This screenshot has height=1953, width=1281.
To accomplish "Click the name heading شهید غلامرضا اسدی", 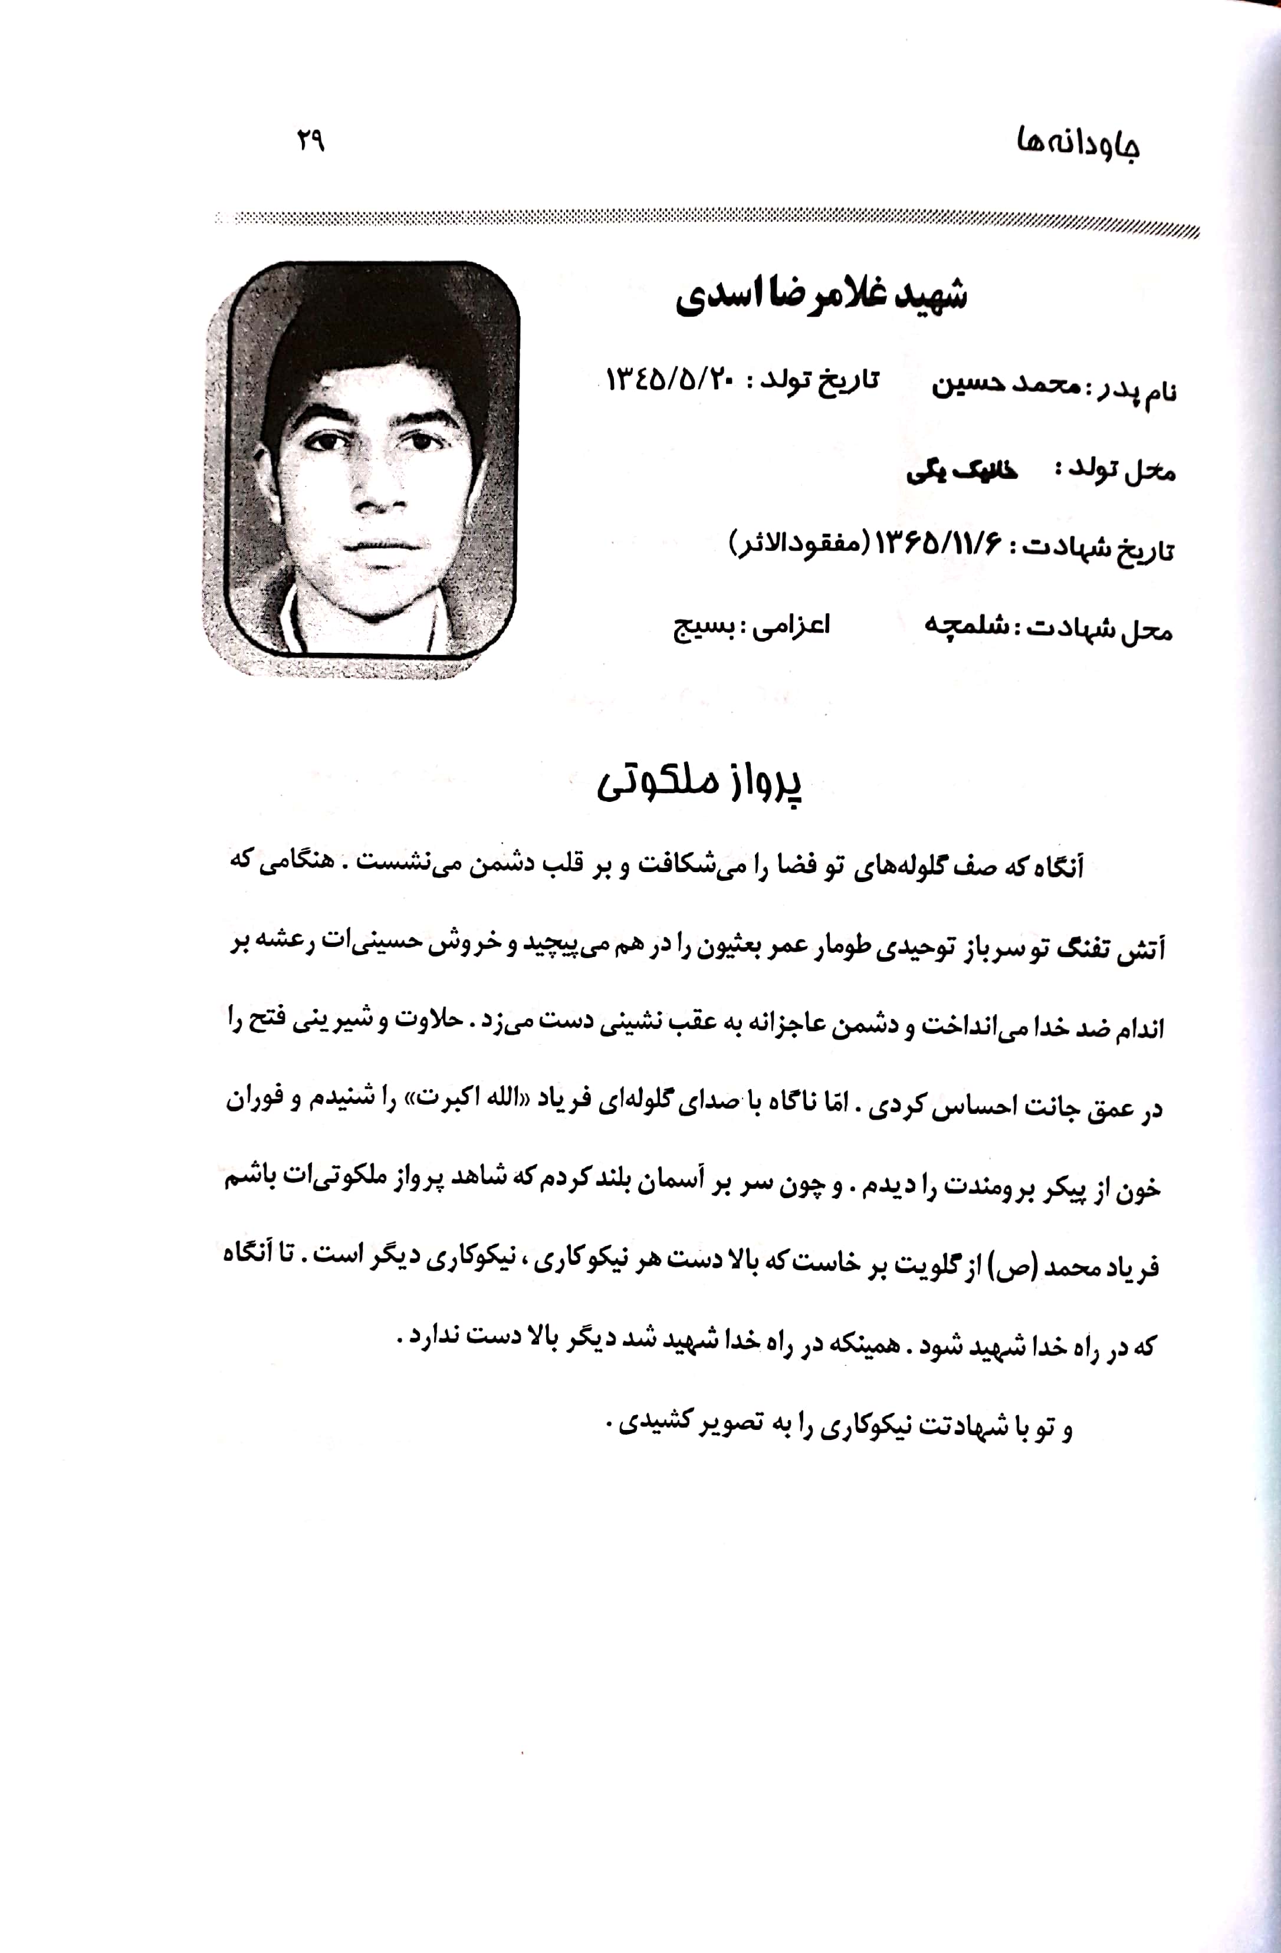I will (820, 296).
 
